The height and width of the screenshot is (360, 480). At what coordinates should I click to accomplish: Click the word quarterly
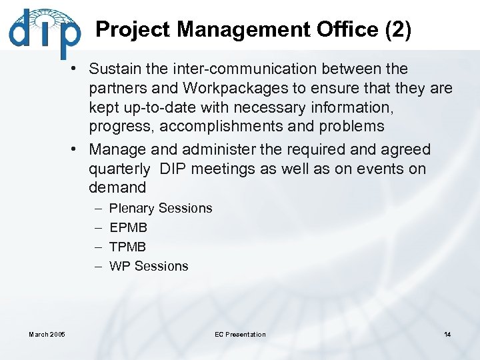click(120, 169)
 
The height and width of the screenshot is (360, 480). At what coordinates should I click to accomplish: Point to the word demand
click(117, 187)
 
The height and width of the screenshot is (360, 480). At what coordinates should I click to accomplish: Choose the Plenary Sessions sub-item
click(161, 208)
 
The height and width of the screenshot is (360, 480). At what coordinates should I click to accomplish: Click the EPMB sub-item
click(128, 227)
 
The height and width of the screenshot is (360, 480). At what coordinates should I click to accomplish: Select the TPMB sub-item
click(127, 247)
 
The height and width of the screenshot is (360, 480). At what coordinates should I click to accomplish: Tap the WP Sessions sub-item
click(149, 266)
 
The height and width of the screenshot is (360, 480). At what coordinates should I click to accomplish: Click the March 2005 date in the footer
click(48, 334)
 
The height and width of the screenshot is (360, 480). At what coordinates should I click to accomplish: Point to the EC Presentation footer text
click(240, 334)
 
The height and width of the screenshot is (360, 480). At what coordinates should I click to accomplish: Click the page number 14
click(447, 334)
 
